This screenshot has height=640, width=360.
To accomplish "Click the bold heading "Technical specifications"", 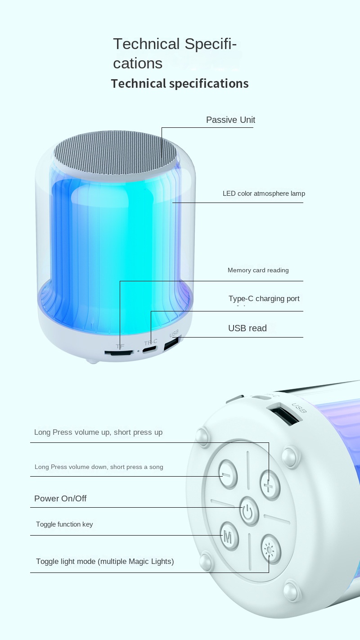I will point(180,84).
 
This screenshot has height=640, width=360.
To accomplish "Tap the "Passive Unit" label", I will point(230,120).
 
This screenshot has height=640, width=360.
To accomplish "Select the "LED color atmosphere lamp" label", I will point(264,194).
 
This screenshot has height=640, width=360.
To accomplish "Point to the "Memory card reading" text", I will point(258,270).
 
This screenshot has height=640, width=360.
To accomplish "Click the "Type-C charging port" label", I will point(264,299).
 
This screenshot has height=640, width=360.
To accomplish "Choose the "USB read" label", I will point(247,328).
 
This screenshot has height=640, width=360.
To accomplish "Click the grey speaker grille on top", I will point(116,153).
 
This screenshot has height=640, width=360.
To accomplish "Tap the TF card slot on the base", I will point(119,353).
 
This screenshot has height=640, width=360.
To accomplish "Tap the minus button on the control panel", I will point(228,474).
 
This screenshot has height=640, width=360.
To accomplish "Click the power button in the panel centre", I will point(249,511).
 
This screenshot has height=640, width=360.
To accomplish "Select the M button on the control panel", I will point(229,537).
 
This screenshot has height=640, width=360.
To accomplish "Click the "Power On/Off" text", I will point(60,498).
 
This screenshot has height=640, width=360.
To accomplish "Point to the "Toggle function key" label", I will point(64,524).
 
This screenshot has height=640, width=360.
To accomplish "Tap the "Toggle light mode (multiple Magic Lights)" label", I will point(105,561).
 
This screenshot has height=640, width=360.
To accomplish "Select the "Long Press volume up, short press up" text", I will point(98,432).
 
